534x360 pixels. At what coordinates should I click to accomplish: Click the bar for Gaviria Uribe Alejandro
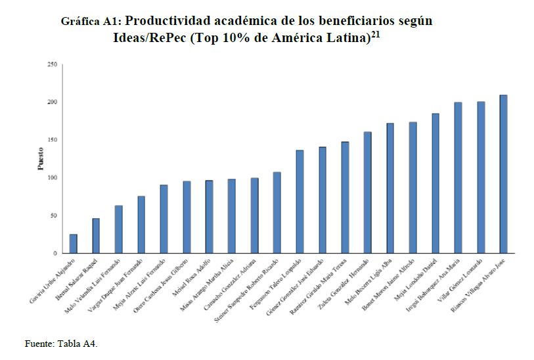73,244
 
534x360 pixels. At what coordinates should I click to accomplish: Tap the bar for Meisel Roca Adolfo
209,217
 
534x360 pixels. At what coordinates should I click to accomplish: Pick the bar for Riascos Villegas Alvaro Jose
503,174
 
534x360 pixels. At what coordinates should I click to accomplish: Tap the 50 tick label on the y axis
53,215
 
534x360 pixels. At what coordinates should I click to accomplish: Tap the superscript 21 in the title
376,34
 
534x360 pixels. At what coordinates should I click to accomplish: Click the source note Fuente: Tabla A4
61,343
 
